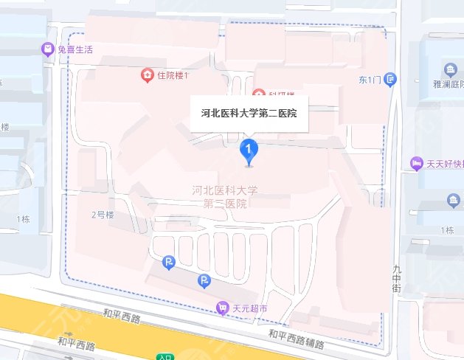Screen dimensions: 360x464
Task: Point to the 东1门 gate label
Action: [x=369, y=79]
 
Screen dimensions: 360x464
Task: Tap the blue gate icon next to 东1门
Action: [x=390, y=79]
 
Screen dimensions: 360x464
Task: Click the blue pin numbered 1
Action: [x=249, y=150]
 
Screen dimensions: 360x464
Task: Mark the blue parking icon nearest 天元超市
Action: [x=204, y=280]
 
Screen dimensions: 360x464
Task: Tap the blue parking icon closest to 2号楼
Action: [x=169, y=262]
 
